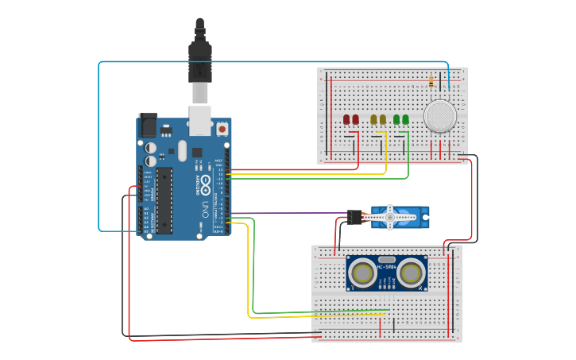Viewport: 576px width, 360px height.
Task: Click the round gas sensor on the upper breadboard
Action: (x=439, y=116)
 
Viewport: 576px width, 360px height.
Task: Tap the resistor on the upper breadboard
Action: (x=431, y=81)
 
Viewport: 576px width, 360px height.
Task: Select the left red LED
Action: (x=346, y=120)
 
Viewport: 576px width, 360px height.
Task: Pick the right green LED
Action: (x=405, y=120)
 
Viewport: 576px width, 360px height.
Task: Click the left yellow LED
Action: (x=373, y=120)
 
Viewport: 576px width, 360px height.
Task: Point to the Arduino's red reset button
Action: (x=222, y=128)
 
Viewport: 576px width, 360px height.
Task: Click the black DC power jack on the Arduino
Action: (x=148, y=126)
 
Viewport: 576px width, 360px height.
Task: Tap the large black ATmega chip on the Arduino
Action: (x=164, y=200)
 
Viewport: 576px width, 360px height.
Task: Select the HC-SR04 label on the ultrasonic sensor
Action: (x=387, y=267)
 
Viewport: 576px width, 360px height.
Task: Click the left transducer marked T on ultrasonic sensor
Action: (x=363, y=274)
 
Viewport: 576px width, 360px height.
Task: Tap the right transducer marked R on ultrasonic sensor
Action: (x=411, y=274)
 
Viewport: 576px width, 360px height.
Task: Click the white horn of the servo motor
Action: (x=389, y=217)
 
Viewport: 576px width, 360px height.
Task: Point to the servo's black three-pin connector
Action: (x=354, y=217)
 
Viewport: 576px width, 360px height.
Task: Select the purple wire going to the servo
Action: (x=286, y=213)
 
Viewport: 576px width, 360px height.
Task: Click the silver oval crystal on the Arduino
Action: (x=182, y=150)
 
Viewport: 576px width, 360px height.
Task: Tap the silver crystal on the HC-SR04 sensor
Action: (x=387, y=260)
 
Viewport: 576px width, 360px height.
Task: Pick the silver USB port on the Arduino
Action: (x=200, y=120)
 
